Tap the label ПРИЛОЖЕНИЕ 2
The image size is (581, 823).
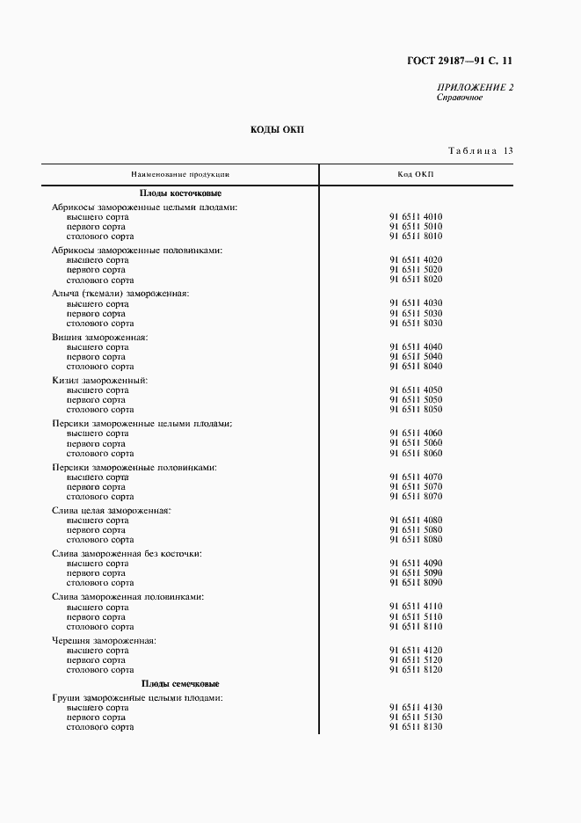(475, 87)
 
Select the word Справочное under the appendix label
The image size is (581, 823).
(459, 97)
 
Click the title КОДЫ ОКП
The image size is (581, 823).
(277, 129)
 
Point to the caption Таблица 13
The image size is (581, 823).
(480, 150)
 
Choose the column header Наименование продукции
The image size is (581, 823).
(180, 174)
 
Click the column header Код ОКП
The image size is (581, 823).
(416, 174)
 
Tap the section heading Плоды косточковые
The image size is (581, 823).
(180, 193)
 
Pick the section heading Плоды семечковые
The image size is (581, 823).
(180, 683)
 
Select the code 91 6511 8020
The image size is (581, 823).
(416, 280)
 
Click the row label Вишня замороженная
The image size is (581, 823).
(99, 337)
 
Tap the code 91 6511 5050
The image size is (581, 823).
(416, 400)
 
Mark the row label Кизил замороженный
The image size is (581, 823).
(99, 380)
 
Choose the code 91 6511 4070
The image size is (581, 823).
(416, 477)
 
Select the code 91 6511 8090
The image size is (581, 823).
(416, 583)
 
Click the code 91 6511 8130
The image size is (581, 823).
(416, 727)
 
